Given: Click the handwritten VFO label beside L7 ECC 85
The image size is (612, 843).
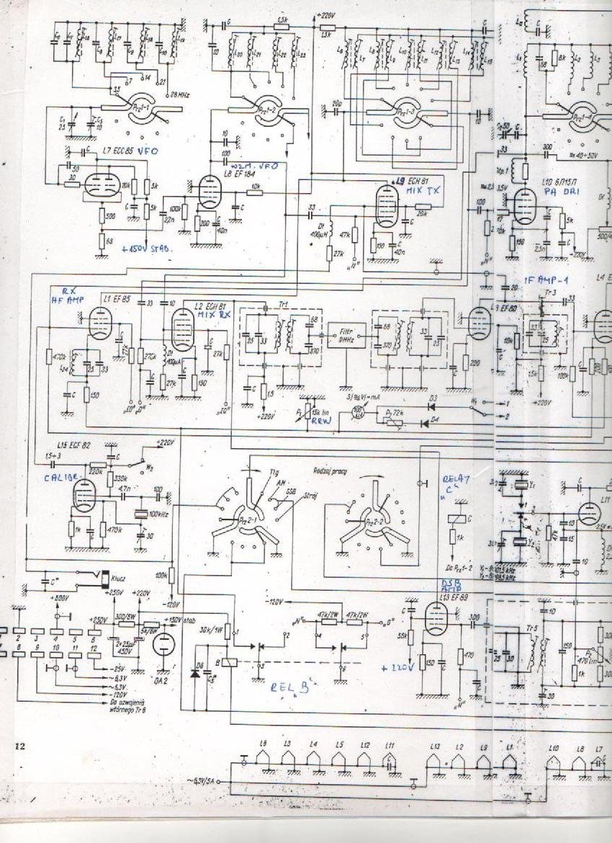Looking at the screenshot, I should pos(148,150).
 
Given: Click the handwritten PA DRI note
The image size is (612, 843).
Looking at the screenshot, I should pos(555,192).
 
